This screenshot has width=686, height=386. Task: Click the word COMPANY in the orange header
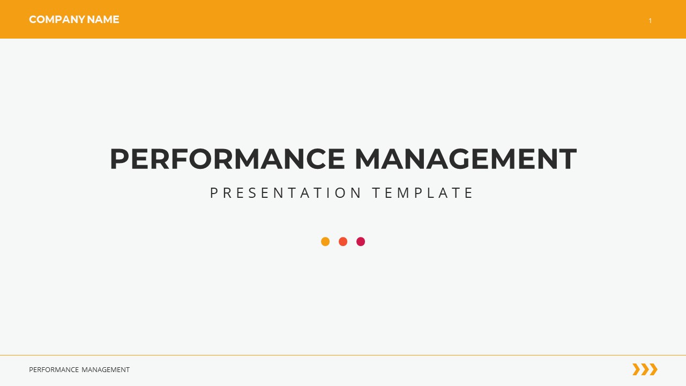coord(57,20)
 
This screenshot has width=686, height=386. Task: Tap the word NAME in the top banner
coord(103,20)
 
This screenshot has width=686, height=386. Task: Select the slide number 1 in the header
coord(650,21)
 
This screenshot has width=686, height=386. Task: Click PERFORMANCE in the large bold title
coord(227,159)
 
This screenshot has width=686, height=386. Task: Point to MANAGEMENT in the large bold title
coord(465,159)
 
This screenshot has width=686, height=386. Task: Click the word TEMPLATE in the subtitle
coord(423,193)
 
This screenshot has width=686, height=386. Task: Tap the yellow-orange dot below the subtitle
coord(325,242)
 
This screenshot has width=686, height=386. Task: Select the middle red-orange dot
coord(343,242)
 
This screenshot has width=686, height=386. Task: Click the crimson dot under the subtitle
coord(361,242)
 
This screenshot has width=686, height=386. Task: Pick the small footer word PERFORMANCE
coord(54,370)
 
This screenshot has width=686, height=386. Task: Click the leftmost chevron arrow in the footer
coord(636,369)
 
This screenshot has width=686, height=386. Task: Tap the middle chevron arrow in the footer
coord(645,369)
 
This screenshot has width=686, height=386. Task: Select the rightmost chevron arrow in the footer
coord(653,369)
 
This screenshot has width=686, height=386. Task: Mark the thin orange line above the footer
coord(343,355)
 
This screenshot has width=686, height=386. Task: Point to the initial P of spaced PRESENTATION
coord(214,193)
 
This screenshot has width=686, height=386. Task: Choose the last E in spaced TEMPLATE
coord(469,193)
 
